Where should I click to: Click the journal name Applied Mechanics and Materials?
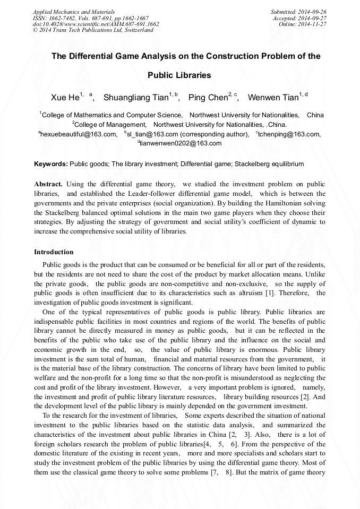click(73, 12)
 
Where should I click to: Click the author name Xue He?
click(65, 98)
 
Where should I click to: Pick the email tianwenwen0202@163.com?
click(181, 143)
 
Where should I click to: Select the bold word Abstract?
click(48, 184)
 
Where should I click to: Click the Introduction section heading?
click(54, 252)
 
